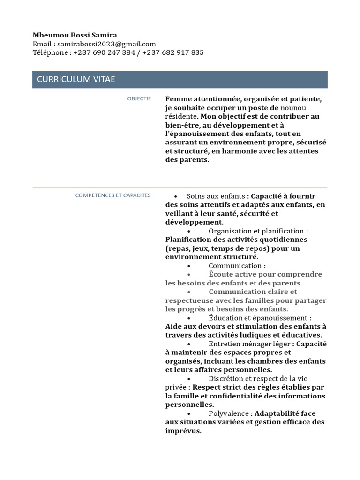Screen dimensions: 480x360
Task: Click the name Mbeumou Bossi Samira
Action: coord(75,35)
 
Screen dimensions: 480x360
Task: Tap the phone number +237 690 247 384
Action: coord(104,52)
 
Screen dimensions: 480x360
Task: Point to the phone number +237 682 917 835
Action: coord(173,52)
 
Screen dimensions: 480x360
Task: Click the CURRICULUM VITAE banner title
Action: coord(76,79)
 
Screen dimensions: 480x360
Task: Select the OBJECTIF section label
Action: coord(139,98)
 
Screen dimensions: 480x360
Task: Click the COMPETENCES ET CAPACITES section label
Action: coord(113,195)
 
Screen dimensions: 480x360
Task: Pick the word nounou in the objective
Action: coord(293,108)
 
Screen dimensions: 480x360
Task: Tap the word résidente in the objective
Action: coord(180,116)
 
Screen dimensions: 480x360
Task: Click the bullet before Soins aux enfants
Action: coord(175,196)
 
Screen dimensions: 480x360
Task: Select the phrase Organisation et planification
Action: coord(256,231)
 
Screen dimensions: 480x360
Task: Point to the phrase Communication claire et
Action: coord(253,292)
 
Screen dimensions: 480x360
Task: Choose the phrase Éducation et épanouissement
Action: coord(258,318)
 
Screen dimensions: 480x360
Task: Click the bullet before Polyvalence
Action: coord(188,414)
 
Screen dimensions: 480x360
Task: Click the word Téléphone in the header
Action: coord(50,52)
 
